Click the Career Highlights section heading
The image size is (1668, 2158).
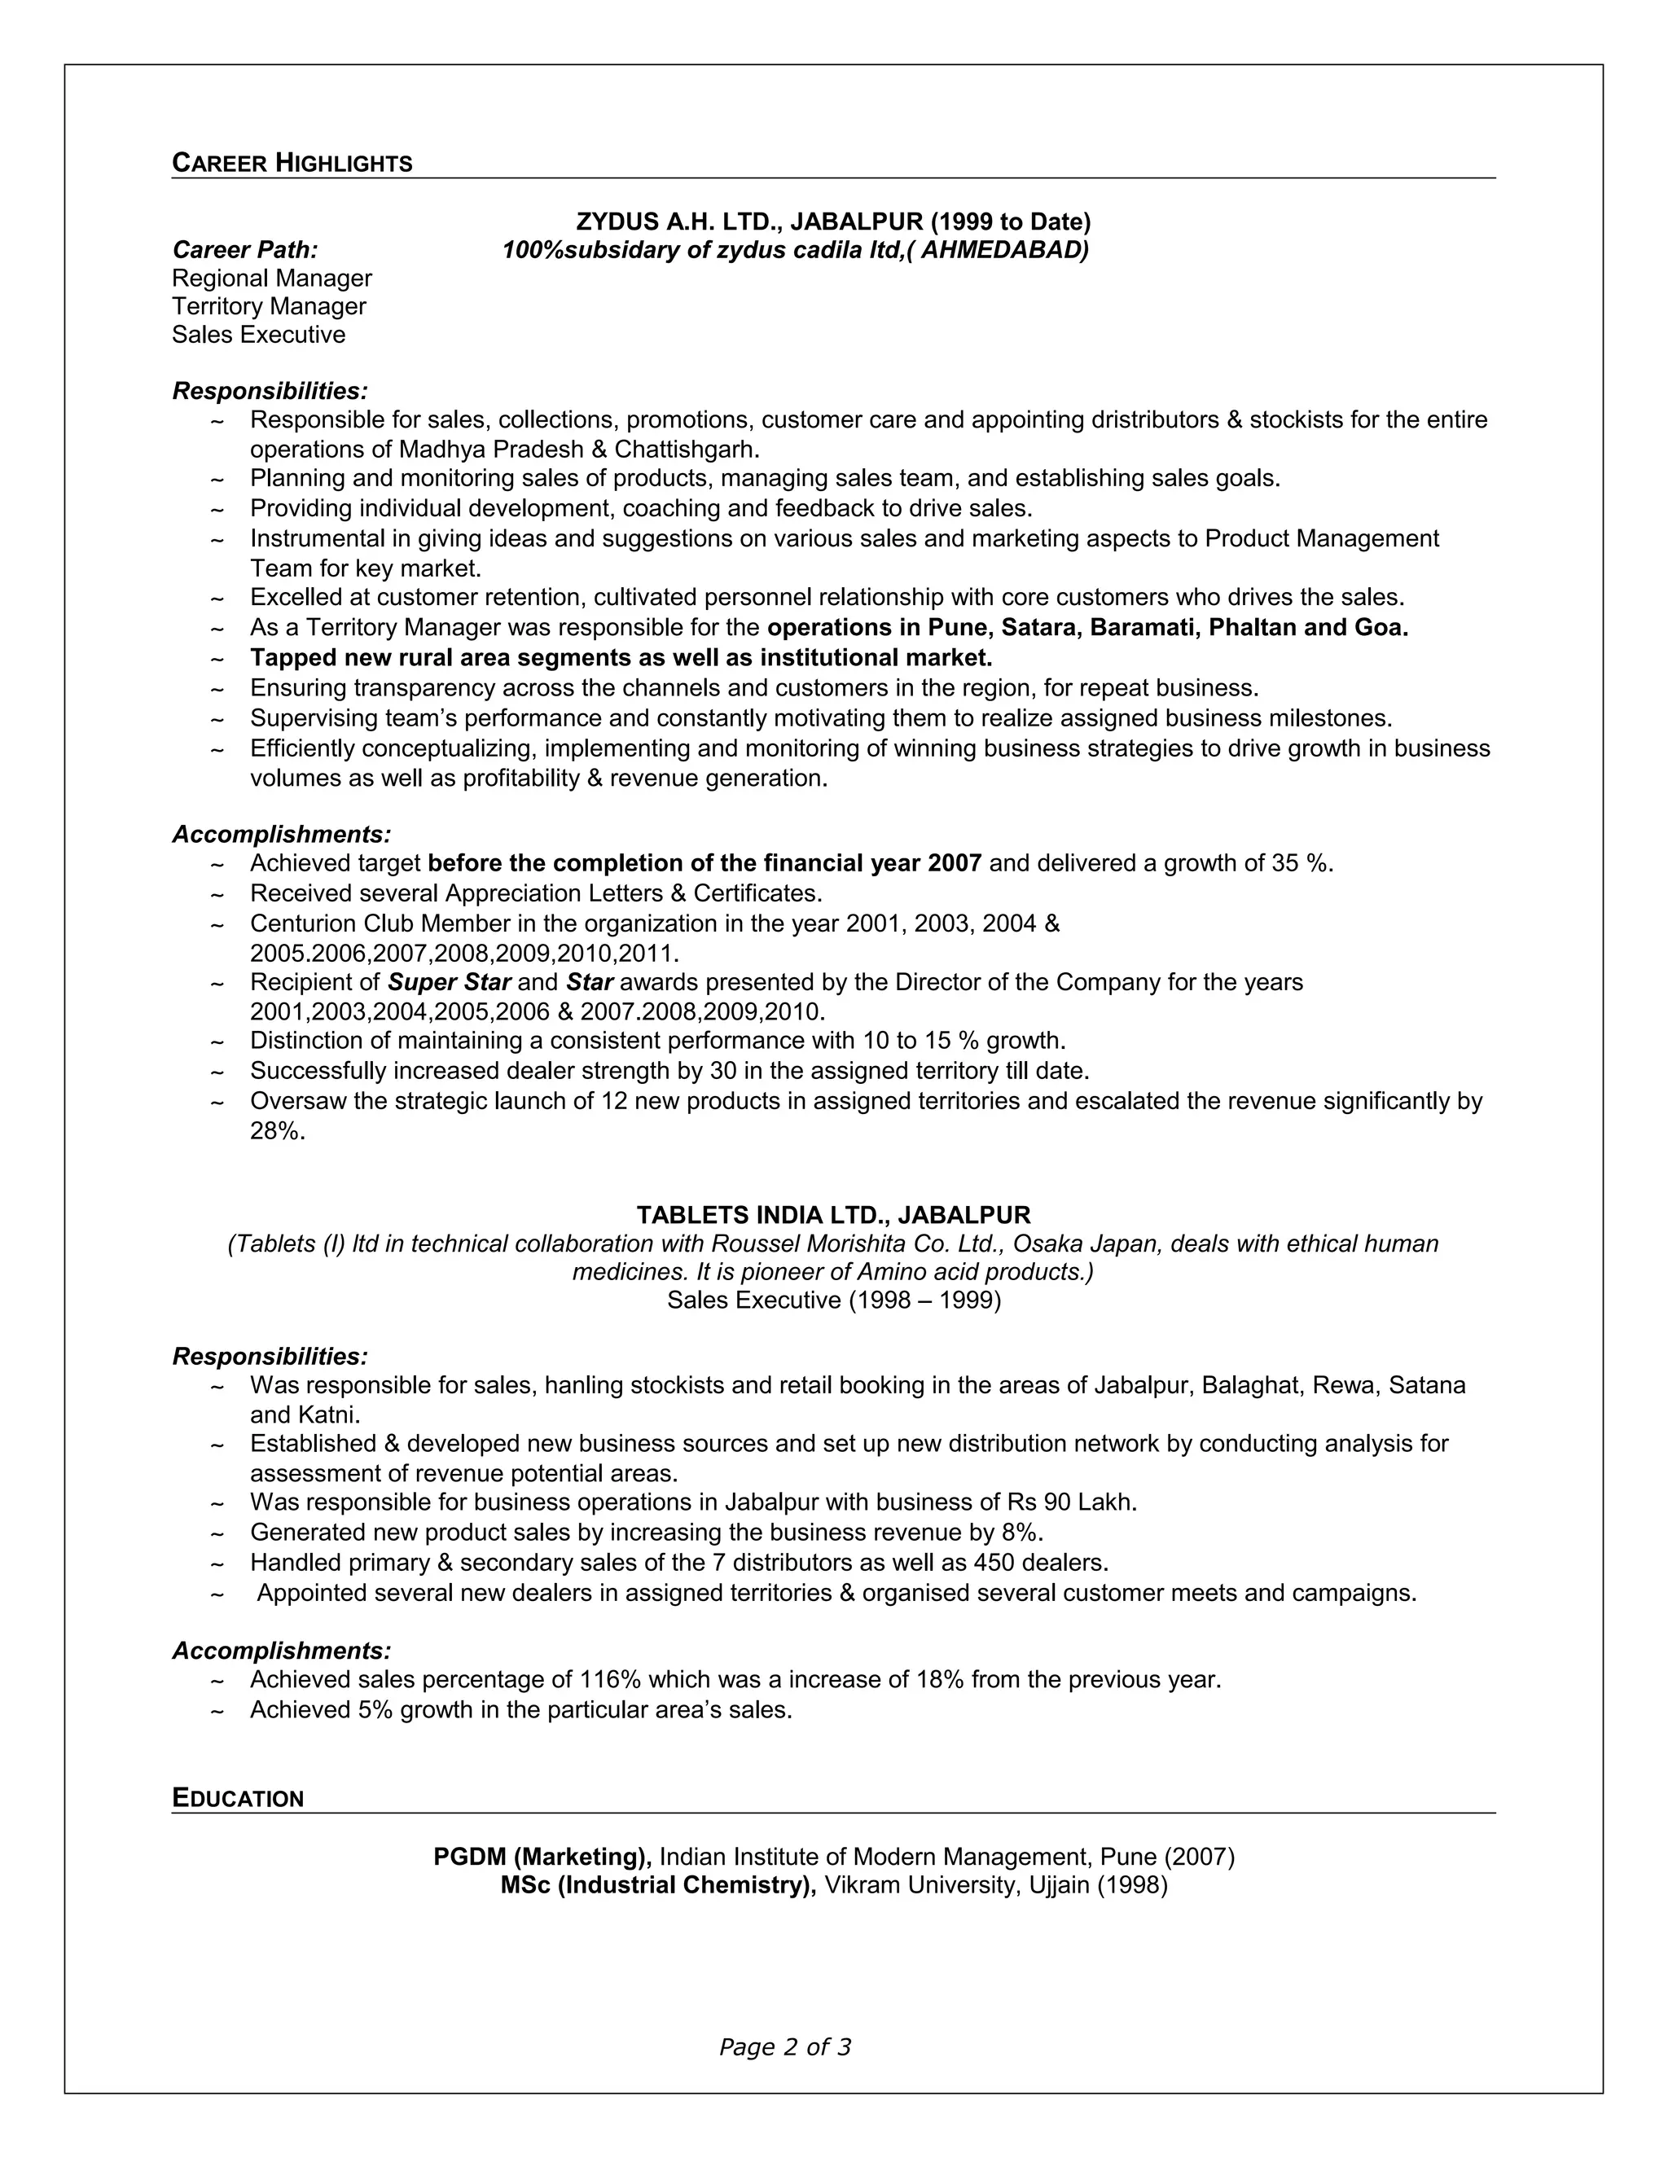coord(292,163)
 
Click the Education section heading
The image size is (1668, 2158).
coord(237,1798)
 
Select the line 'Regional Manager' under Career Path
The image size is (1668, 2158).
coord(272,279)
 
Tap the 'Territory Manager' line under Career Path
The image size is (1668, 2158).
coord(269,306)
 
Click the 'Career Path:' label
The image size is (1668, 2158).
coord(245,250)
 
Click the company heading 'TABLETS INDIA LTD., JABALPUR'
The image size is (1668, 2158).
coord(833,1214)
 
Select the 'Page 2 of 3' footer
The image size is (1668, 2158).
coord(784,2046)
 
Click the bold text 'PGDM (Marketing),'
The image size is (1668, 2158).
coord(542,1857)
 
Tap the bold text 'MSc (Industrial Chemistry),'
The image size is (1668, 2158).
coord(658,1885)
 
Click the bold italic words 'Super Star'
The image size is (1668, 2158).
coord(449,982)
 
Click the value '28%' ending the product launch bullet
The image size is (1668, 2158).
coord(277,1131)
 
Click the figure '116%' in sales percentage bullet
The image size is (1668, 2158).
coord(610,1680)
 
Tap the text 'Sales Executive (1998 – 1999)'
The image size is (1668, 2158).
coord(833,1301)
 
